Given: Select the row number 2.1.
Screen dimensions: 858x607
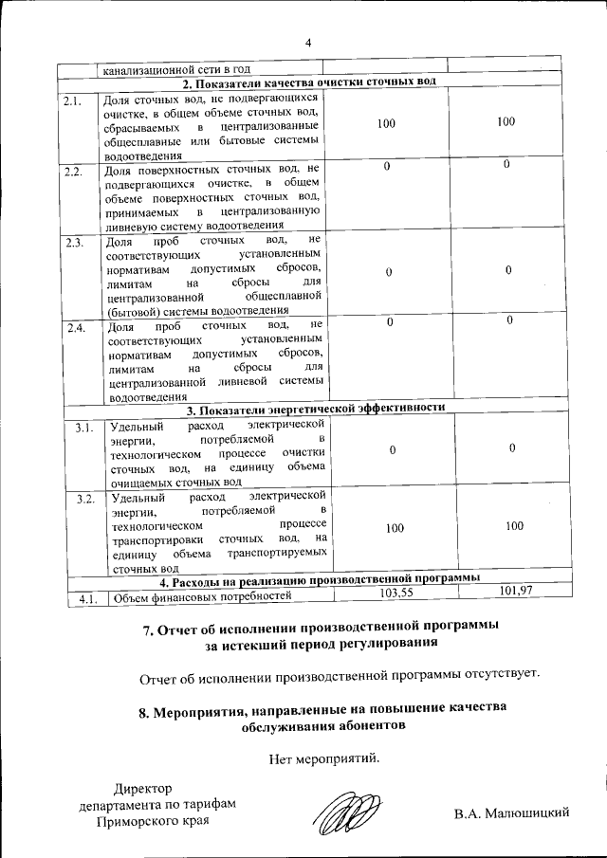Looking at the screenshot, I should click(74, 100).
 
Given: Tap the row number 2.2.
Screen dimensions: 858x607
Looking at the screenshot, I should click(74, 172).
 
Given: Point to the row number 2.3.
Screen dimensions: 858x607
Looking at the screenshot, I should click(75, 243).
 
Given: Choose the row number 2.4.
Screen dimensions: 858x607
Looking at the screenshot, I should click(75, 329).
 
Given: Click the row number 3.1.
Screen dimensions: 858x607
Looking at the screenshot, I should click(84, 429).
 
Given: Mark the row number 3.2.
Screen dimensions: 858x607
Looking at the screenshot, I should click(84, 499).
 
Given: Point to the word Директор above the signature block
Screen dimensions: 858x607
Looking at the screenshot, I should click(143, 789).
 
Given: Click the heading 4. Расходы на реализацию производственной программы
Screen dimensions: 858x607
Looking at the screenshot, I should click(319, 579).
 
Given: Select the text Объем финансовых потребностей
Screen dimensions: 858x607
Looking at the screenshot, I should click(198, 597).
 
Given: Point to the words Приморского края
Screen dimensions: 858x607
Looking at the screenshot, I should click(154, 821).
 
